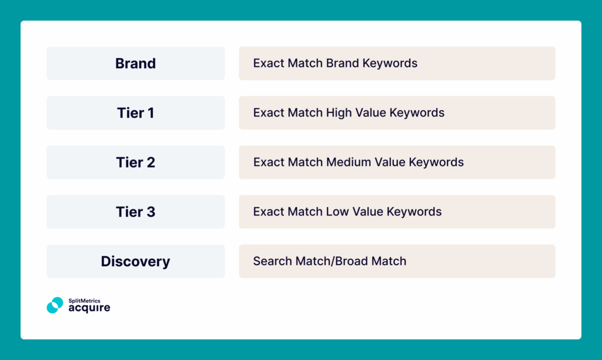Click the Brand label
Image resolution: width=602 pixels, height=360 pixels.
click(x=135, y=64)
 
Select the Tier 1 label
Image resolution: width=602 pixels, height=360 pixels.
click(x=135, y=113)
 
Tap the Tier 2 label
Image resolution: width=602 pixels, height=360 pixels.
click(x=135, y=162)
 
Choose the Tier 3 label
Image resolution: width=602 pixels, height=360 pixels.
click(x=135, y=212)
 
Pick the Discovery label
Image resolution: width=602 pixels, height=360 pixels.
click(x=135, y=261)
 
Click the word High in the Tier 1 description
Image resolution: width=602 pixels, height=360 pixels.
click(x=339, y=113)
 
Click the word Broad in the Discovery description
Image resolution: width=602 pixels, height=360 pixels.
click(x=354, y=261)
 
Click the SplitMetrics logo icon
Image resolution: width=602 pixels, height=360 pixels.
click(x=55, y=305)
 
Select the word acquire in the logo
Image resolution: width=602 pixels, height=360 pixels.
click(x=89, y=308)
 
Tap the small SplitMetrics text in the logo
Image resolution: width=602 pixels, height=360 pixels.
click(x=84, y=301)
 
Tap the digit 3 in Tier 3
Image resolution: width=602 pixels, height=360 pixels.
click(x=150, y=212)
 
